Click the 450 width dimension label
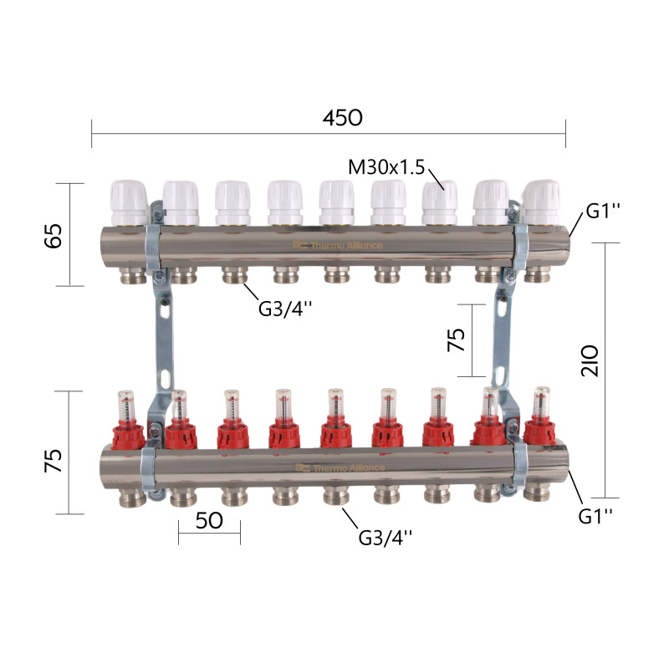(x=343, y=118)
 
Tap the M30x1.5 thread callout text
(x=386, y=167)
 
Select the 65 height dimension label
(x=54, y=235)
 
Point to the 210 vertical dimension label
(x=590, y=360)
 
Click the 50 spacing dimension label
(x=209, y=520)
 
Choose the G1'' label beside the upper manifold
(x=603, y=211)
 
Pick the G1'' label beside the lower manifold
(x=595, y=516)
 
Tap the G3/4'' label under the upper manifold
(x=285, y=309)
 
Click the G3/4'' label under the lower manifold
(x=386, y=538)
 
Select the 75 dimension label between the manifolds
(x=456, y=340)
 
